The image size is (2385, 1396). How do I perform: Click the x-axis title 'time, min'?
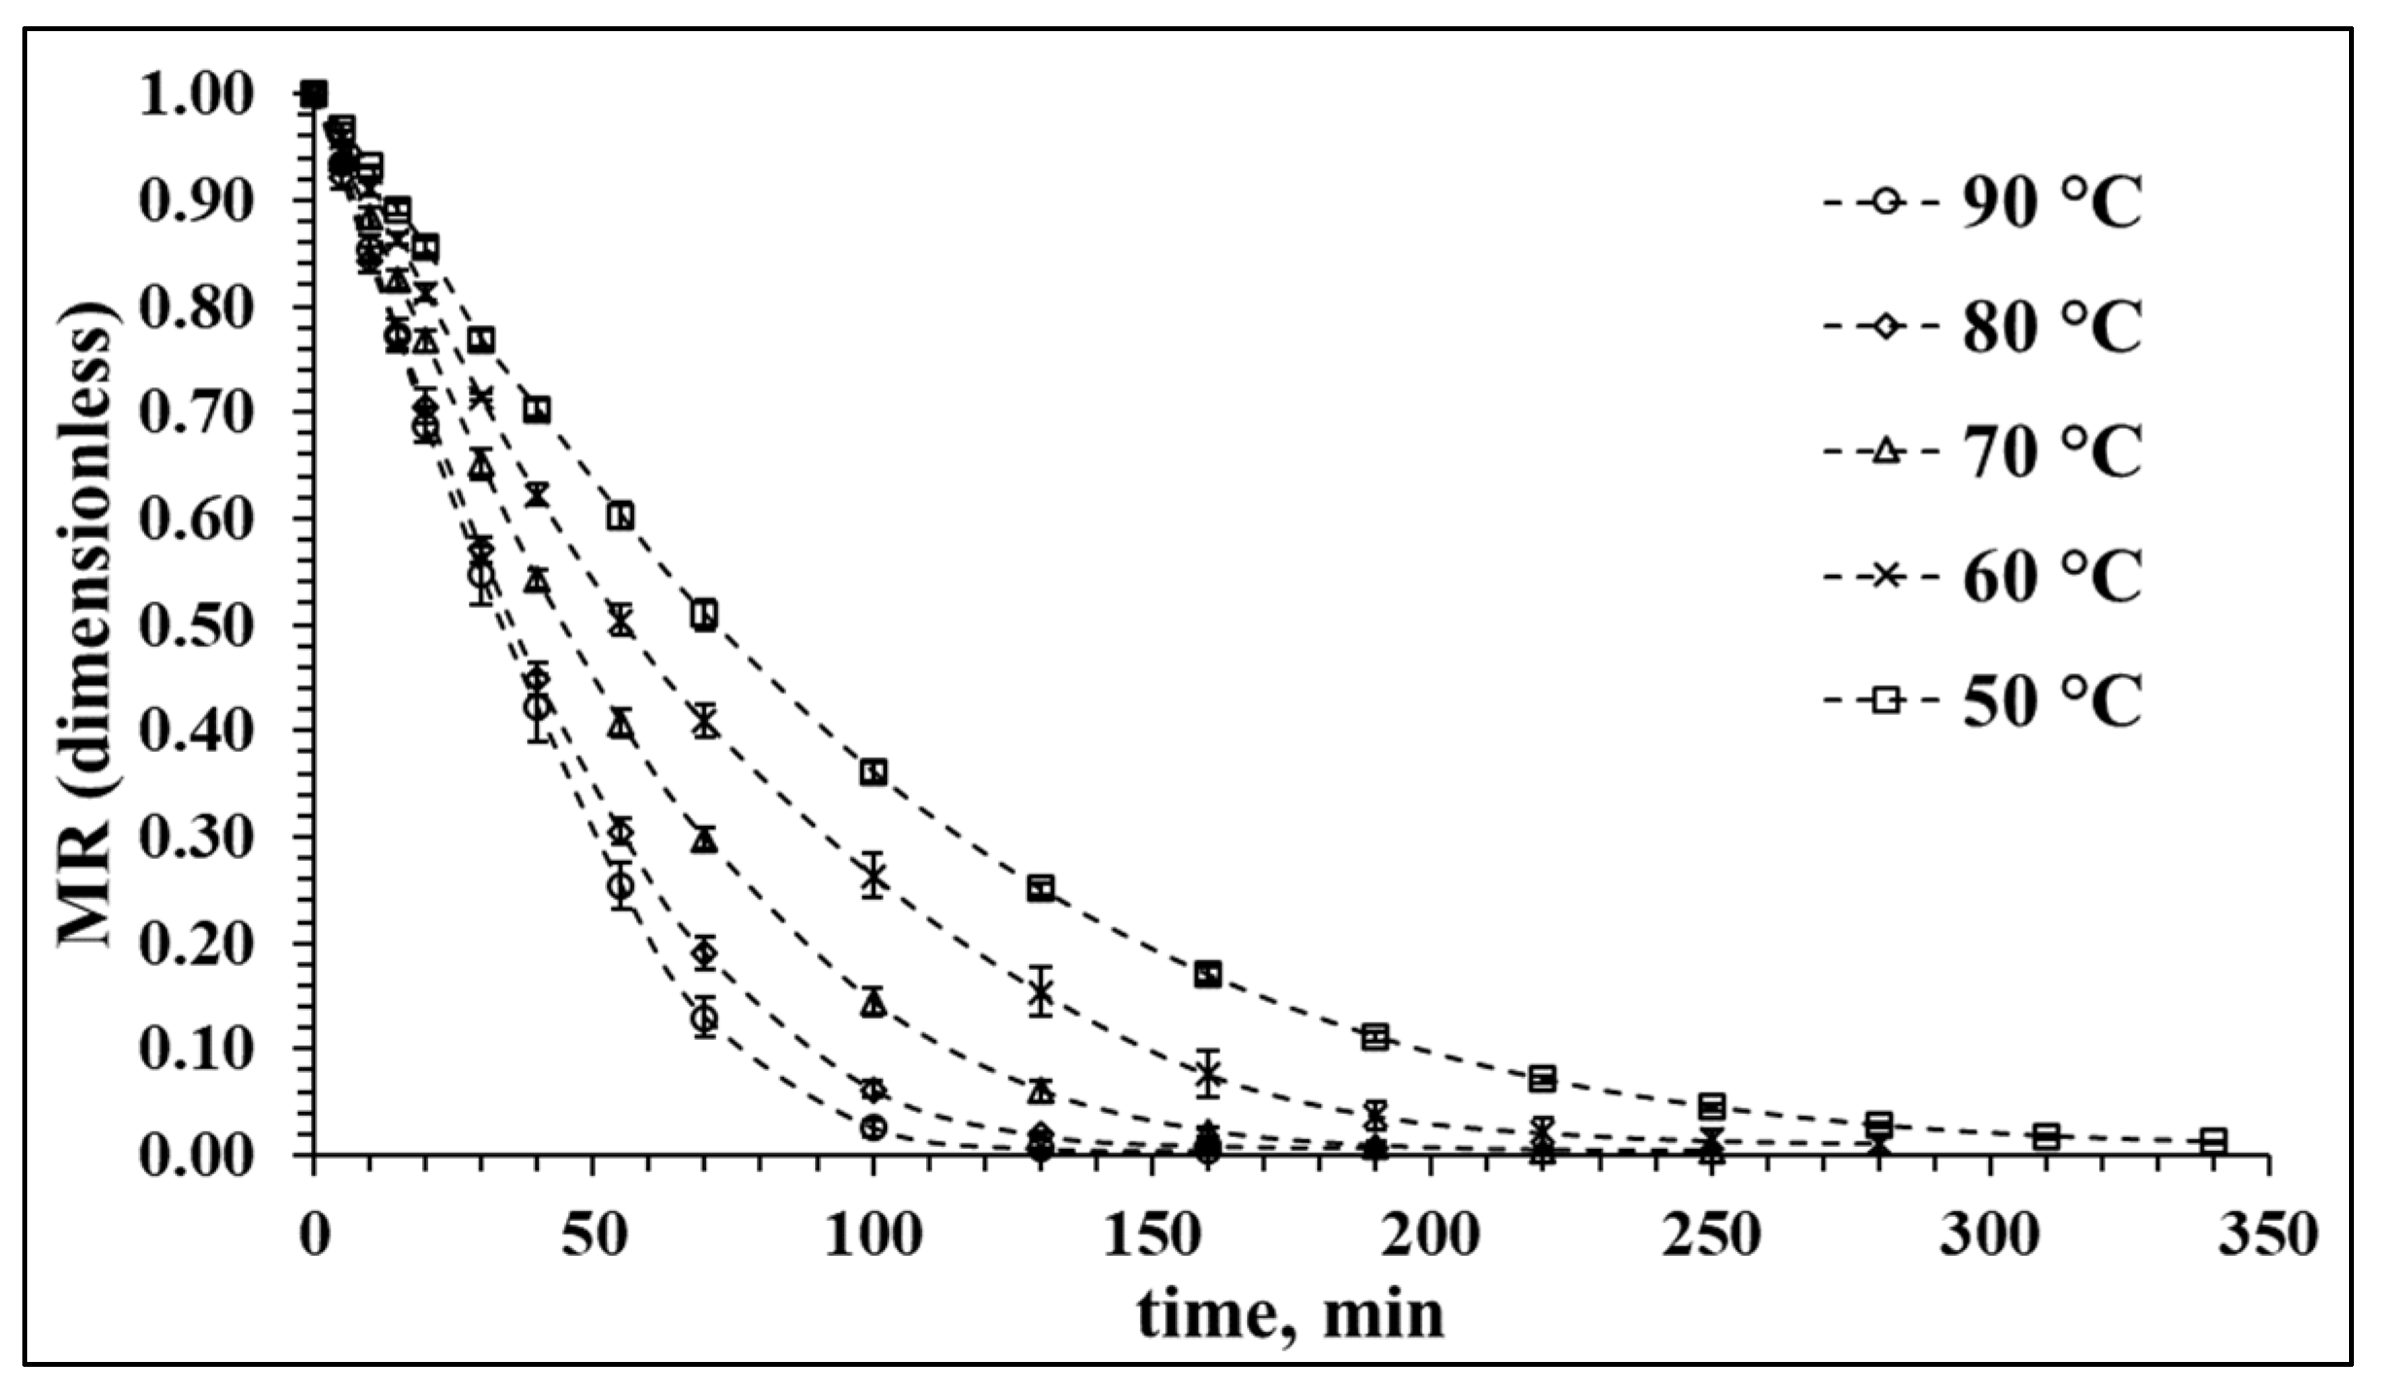[x=1290, y=1315]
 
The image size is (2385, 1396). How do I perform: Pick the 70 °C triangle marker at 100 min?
[x=872, y=1002]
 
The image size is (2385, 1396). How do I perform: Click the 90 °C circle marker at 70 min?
[x=705, y=1019]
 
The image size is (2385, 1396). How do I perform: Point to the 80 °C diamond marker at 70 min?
[x=705, y=953]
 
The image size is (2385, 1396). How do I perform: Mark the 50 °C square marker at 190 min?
[x=1374, y=1037]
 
